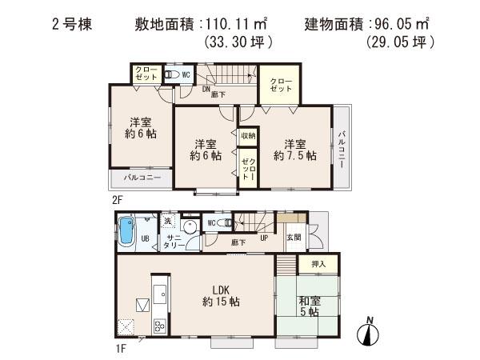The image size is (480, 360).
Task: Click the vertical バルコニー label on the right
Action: [x=341, y=147]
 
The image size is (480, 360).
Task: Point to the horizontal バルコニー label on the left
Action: [x=142, y=177]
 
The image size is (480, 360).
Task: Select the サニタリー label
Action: [x=173, y=245]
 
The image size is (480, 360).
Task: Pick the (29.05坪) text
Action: [x=398, y=42]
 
